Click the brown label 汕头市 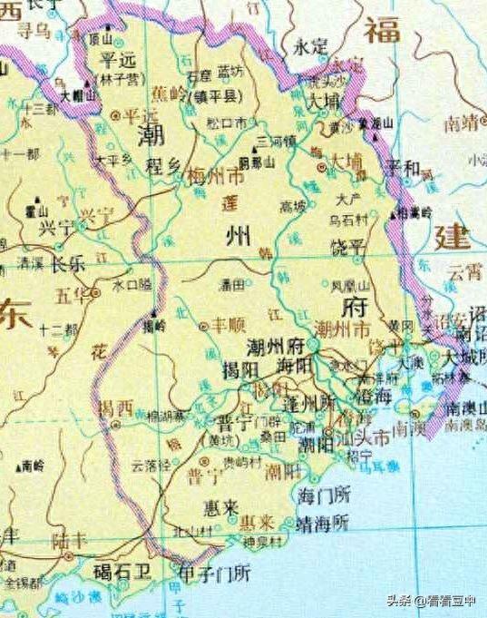click(x=369, y=438)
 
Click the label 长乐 click(x=66, y=264)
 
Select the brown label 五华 click(x=75, y=296)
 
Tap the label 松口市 click(x=228, y=122)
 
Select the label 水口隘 click(x=131, y=285)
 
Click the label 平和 click(x=402, y=169)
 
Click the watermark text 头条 click(x=399, y=598)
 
